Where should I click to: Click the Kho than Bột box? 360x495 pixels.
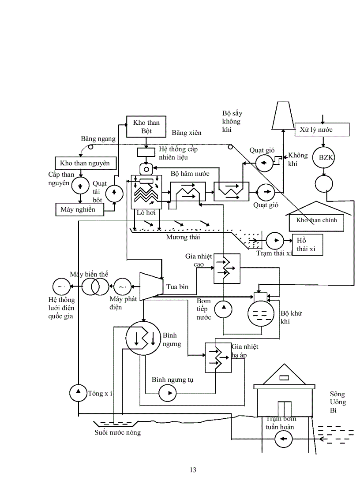coord(146,127)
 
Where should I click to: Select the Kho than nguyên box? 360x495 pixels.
coord(86,163)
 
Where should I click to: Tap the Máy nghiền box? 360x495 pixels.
coord(78,209)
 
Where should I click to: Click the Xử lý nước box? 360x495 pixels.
coord(322,130)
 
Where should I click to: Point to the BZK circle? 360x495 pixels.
coord(324,157)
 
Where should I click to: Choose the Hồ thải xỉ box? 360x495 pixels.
coord(307,245)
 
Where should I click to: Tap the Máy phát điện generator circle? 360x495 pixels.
coord(122,287)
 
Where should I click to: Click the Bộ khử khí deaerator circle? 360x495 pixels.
coord(262,314)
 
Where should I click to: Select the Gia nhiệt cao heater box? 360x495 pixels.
coord(227,268)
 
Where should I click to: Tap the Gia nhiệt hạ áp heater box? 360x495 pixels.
coord(217,357)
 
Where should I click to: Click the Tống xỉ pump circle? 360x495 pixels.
coord(79,392)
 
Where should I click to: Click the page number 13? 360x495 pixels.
coord(193,470)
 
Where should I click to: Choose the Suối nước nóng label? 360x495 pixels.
coord(118,432)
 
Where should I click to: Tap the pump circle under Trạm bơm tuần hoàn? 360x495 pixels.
coord(283,439)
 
